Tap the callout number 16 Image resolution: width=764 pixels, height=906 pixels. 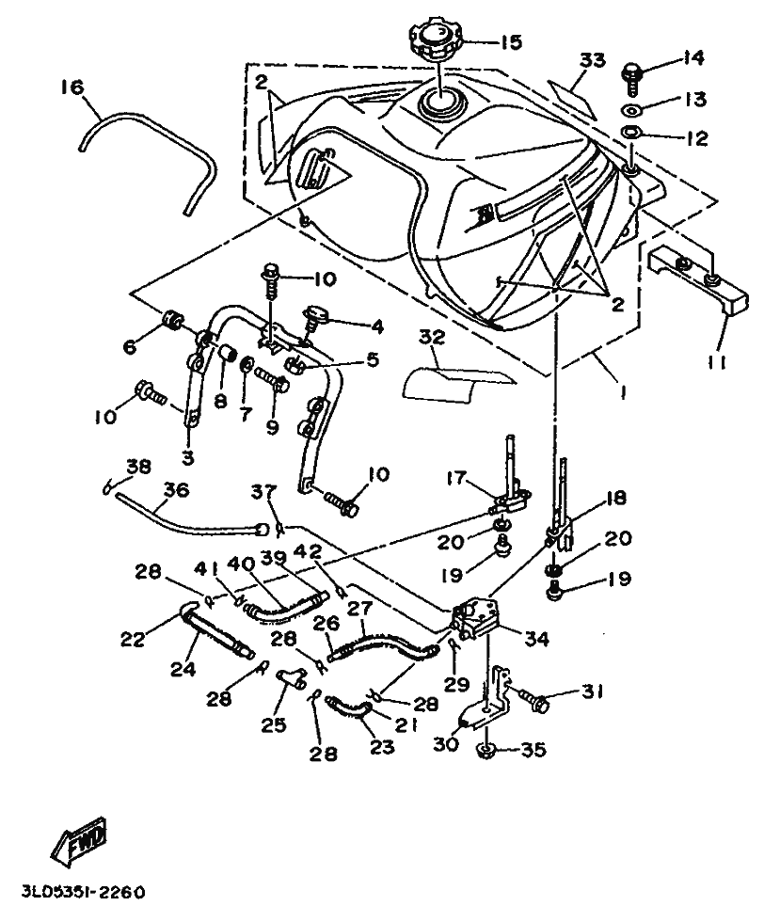tap(72, 87)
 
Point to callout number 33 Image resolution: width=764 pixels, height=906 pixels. tap(593, 59)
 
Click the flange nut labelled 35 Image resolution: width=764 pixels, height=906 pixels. tap(487, 751)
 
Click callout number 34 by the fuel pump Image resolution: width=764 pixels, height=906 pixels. tap(535, 639)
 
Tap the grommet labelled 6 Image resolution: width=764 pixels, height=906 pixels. tap(171, 319)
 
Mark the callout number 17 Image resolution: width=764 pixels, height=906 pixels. tap(456, 479)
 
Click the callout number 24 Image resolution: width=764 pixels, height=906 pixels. tap(183, 669)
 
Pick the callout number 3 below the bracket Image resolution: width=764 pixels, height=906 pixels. tap(188, 457)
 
